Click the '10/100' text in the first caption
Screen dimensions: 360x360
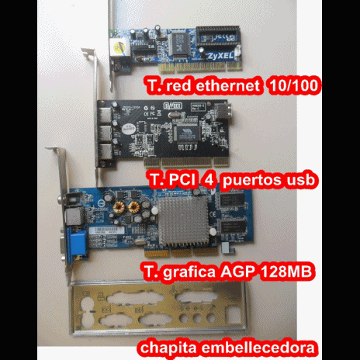pyautogui.click(x=294, y=86)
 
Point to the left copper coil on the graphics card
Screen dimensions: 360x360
pyautogui.click(x=120, y=208)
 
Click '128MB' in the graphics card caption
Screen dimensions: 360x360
pyautogui.click(x=284, y=272)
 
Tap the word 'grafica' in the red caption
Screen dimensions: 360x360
pyautogui.click(x=180, y=273)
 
